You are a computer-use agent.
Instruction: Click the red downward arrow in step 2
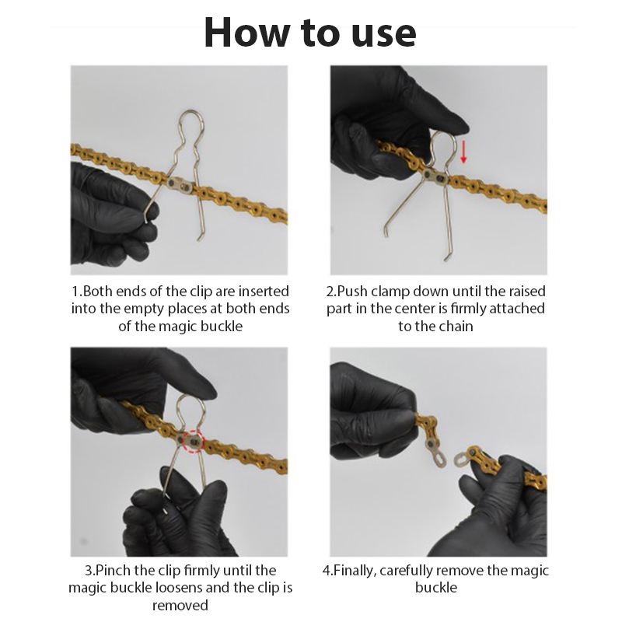463,151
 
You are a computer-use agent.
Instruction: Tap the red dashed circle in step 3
193,440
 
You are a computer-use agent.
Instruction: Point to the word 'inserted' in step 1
263,292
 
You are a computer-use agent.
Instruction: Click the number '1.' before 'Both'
77,292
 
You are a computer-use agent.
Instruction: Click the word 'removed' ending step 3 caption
180,606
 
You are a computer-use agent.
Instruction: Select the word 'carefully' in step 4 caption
412,571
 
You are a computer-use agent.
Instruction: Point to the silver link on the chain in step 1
180,184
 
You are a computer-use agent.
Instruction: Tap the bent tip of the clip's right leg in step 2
446,258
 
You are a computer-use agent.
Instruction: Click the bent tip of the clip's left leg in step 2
386,232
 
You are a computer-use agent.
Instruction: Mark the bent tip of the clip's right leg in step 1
201,237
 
